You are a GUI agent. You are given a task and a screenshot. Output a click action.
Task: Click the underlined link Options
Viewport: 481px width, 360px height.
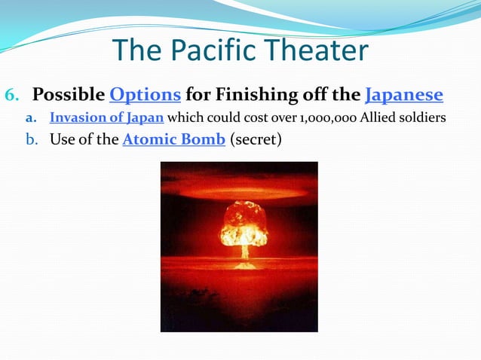[x=145, y=96]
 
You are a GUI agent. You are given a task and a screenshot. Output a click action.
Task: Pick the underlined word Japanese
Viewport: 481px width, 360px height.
[x=404, y=96]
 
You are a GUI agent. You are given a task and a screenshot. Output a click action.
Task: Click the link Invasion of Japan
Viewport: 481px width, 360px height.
[x=106, y=118]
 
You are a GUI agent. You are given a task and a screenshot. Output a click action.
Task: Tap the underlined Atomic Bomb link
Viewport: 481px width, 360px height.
[x=173, y=139]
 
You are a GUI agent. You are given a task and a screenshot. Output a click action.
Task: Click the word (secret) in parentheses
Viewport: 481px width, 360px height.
[x=256, y=139]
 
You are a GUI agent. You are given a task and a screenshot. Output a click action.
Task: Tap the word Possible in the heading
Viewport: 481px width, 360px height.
[x=69, y=96]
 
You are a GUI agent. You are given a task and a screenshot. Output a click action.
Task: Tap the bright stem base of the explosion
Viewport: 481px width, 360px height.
[x=244, y=264]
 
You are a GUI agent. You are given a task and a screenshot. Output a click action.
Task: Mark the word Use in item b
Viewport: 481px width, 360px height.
[x=63, y=139]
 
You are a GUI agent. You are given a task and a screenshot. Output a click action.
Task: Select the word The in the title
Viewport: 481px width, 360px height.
[x=136, y=50]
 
